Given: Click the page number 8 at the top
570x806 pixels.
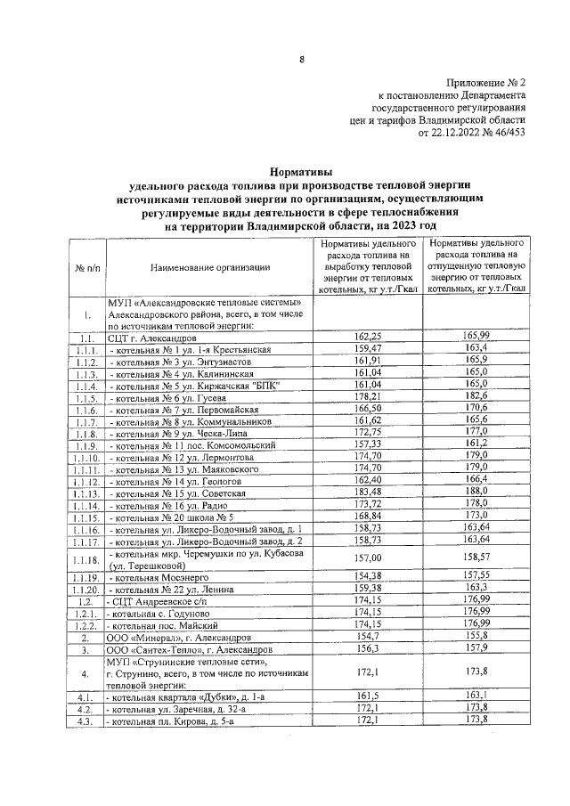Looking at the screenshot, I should click(301, 60).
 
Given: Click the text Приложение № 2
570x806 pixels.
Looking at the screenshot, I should click(483, 79).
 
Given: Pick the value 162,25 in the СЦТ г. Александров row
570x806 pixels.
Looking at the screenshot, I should click(368, 337).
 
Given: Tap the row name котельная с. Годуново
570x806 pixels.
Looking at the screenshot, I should click(160, 614).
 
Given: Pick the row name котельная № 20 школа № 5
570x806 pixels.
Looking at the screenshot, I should click(171, 517).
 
